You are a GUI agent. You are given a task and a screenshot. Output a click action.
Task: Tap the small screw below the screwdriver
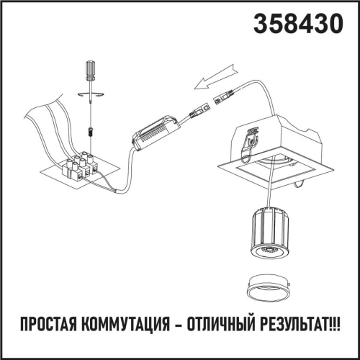click(x=90, y=132)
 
